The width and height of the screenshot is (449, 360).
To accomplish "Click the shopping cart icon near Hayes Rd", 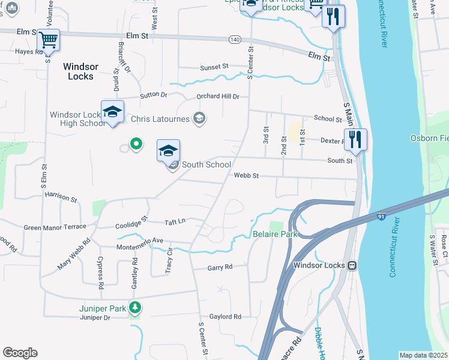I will click(48, 40).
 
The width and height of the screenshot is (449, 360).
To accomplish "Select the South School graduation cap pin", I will click(169, 151).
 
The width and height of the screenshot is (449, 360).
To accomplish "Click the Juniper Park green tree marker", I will click(136, 308).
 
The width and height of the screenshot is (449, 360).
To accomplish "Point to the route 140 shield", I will click(235, 40).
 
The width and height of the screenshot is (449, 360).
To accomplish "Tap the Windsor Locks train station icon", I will click(353, 265).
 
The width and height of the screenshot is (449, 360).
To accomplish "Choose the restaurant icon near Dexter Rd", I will click(355, 140).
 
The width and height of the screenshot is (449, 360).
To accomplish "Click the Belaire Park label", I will click(275, 235).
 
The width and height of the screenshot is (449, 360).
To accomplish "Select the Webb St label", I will click(246, 176).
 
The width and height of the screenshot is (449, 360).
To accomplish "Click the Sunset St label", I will click(214, 67).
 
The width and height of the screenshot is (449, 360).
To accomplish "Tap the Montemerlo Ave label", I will click(141, 241).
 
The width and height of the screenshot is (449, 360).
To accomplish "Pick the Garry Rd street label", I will click(220, 268).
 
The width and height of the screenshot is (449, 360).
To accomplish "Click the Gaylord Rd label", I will click(225, 316).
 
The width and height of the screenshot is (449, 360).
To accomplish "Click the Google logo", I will click(20, 353).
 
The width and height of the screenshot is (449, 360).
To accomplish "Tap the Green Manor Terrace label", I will click(55, 227).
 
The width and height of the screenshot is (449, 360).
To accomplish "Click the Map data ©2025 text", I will click(423, 355).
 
